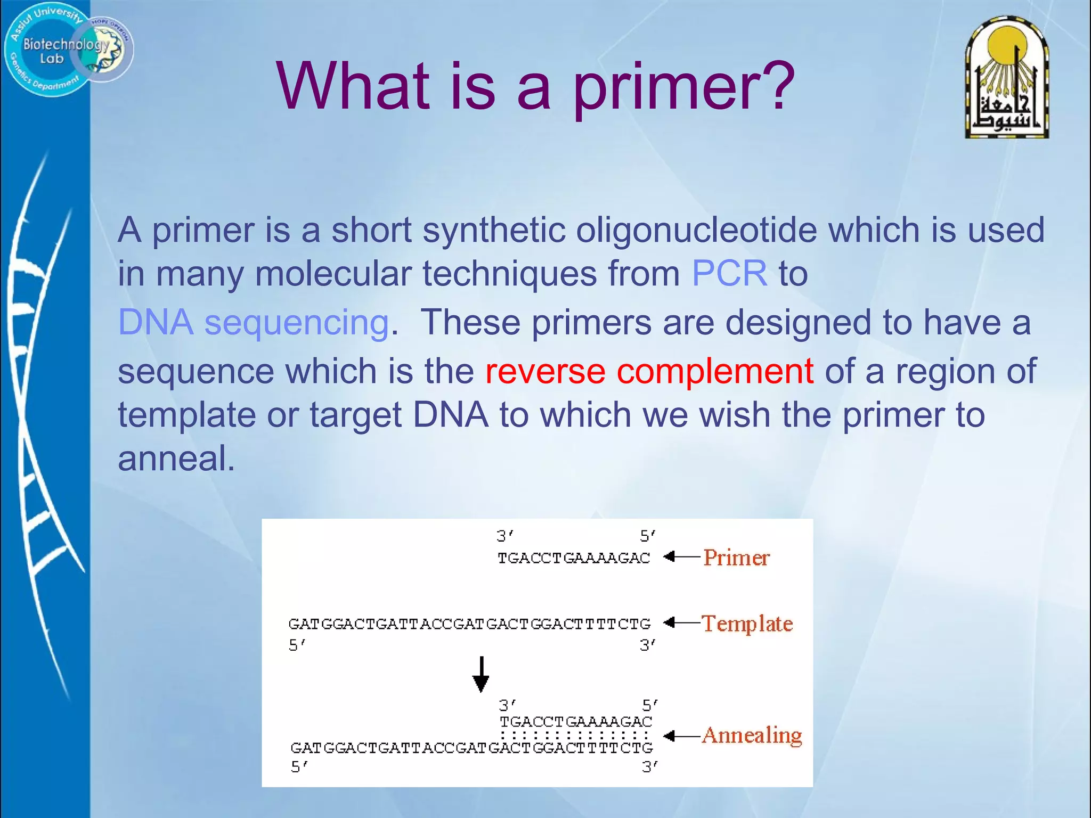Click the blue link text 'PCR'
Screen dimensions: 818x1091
[729, 274]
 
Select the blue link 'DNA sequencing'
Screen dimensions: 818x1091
[254, 323]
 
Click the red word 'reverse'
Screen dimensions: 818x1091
[545, 371]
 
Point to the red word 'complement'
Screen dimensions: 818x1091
[715, 371]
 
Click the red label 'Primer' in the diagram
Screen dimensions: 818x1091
[736, 558]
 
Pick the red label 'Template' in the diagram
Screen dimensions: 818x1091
[747, 624]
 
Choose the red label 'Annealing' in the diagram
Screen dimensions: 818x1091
[752, 735]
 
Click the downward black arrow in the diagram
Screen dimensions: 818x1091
[481, 674]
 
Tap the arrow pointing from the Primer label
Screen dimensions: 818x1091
[681, 557]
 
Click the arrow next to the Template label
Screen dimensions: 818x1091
[681, 623]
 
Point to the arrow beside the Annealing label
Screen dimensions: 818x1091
[681, 736]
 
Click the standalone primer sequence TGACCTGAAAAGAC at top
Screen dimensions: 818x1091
[574, 558]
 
